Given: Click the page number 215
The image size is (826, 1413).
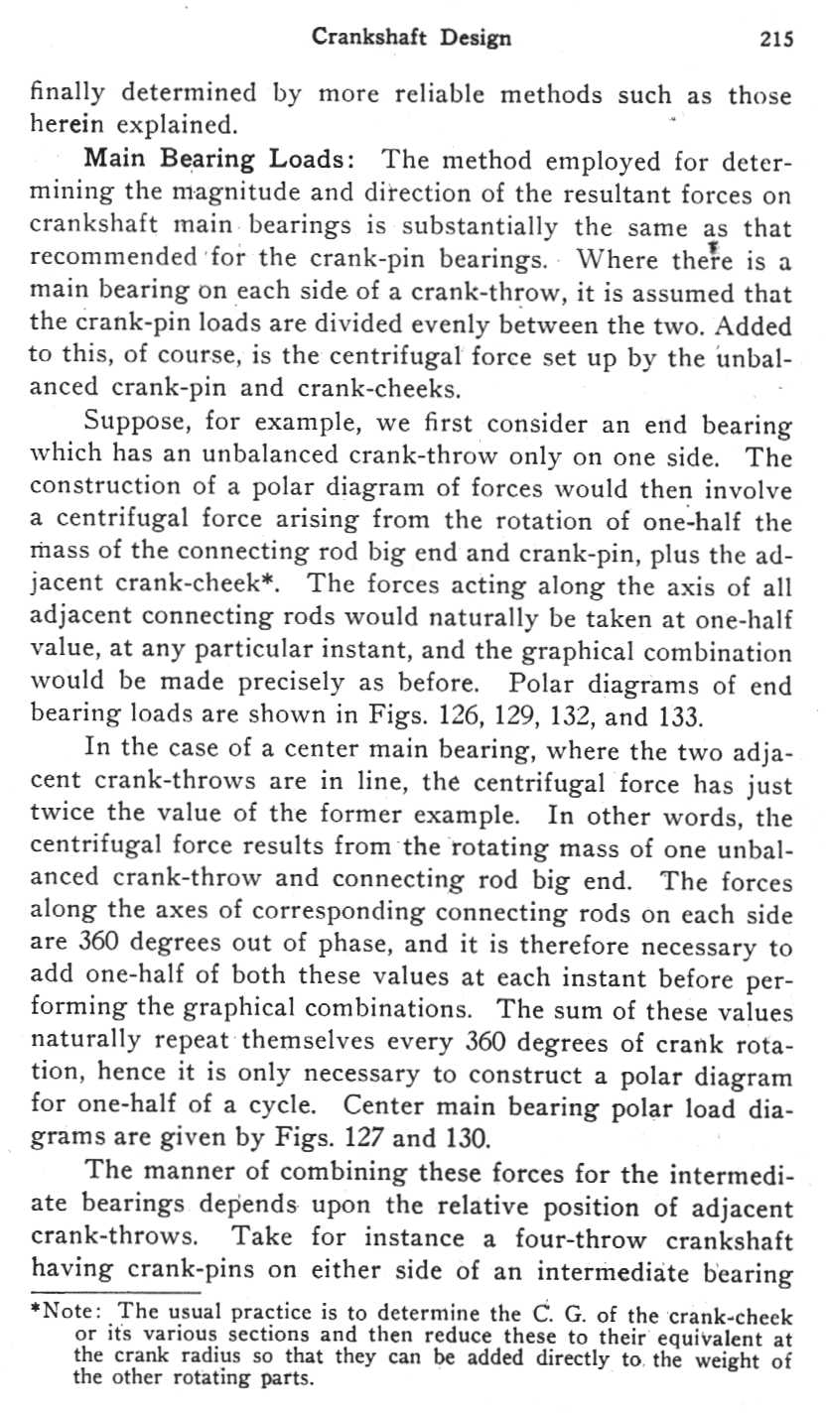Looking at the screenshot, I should [x=775, y=39].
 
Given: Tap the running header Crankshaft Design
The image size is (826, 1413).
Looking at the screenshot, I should [x=411, y=39].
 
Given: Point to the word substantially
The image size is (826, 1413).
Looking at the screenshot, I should [x=494, y=226].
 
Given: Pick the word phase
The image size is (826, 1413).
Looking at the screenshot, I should [x=329, y=947].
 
